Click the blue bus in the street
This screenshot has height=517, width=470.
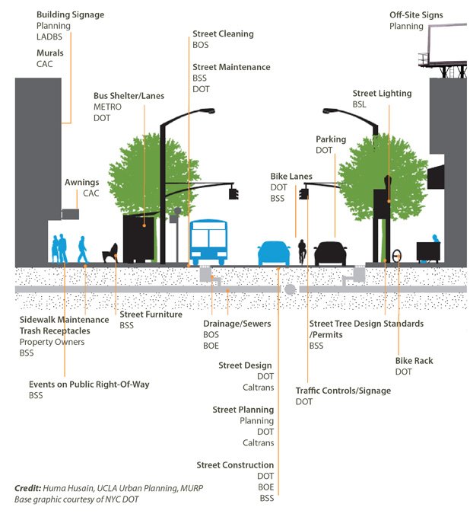[x=208, y=242]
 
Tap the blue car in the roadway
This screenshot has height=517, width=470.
[x=274, y=254]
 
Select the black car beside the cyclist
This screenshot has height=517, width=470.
[x=330, y=253]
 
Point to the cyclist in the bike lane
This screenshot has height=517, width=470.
[x=302, y=252]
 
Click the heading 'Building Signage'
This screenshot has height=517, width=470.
[x=70, y=14]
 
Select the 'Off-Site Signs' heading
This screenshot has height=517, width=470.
[x=416, y=14]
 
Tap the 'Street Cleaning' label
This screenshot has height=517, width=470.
[x=223, y=34]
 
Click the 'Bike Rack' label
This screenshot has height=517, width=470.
[x=414, y=360]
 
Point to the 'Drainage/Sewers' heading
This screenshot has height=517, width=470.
[x=232, y=324]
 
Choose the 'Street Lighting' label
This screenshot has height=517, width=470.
[x=381, y=94]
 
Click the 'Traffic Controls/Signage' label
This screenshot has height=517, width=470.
[x=343, y=391]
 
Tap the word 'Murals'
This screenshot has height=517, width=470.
[x=50, y=53]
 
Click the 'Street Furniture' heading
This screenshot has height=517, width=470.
[x=151, y=314]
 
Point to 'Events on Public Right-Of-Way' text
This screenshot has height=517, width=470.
[x=89, y=385]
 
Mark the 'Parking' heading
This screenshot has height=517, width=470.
[x=331, y=139]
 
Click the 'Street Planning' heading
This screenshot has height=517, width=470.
[x=243, y=410]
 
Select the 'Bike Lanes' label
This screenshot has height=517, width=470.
[x=291, y=177]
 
